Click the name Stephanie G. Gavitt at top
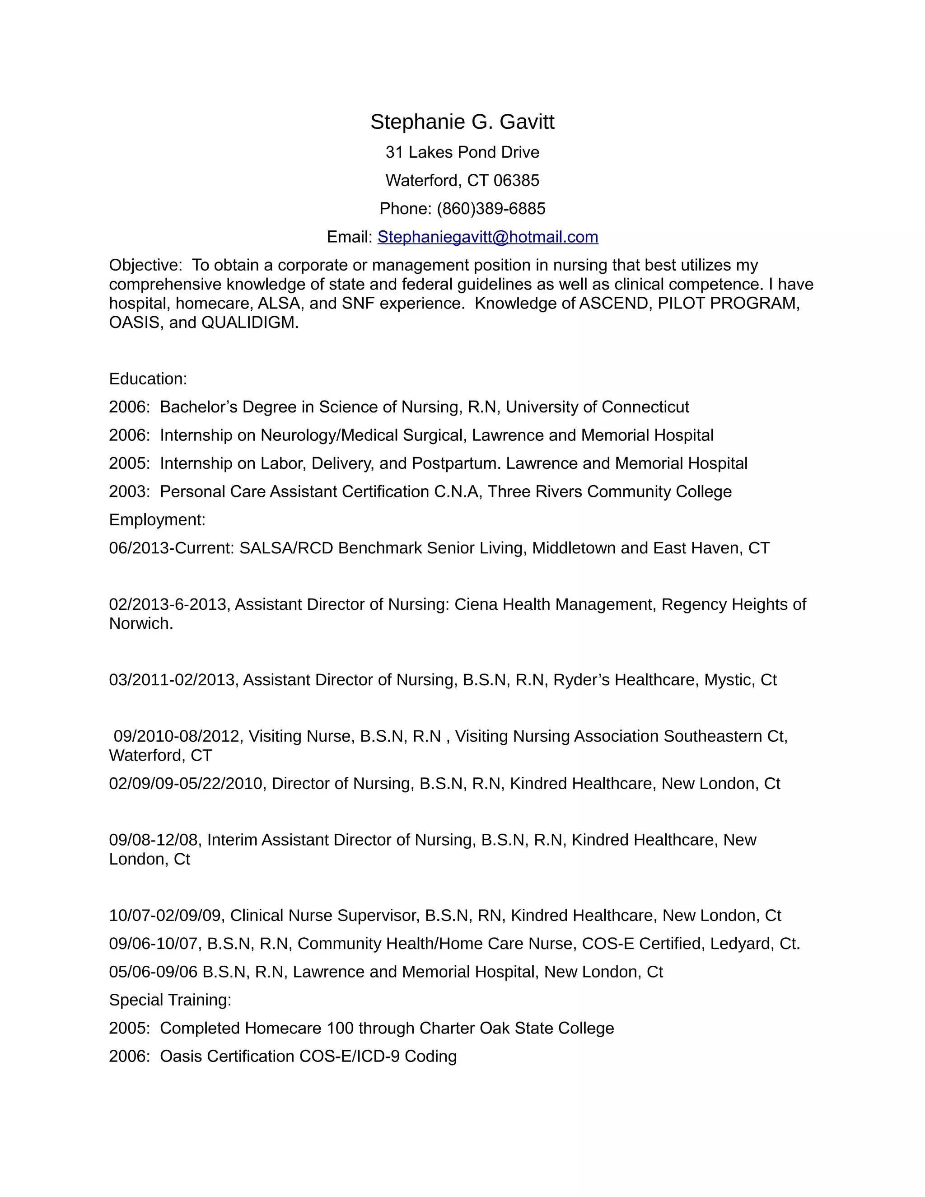462,122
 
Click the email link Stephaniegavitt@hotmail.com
488,237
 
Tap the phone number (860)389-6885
491,209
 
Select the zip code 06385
516,180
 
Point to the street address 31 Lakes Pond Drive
462,152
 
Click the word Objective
144,265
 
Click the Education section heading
148,379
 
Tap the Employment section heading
157,519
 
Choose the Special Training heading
170,1000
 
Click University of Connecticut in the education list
597,407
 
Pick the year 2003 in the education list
128,491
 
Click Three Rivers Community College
609,491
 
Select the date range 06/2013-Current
171,548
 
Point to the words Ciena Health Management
555,604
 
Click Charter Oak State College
516,1028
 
